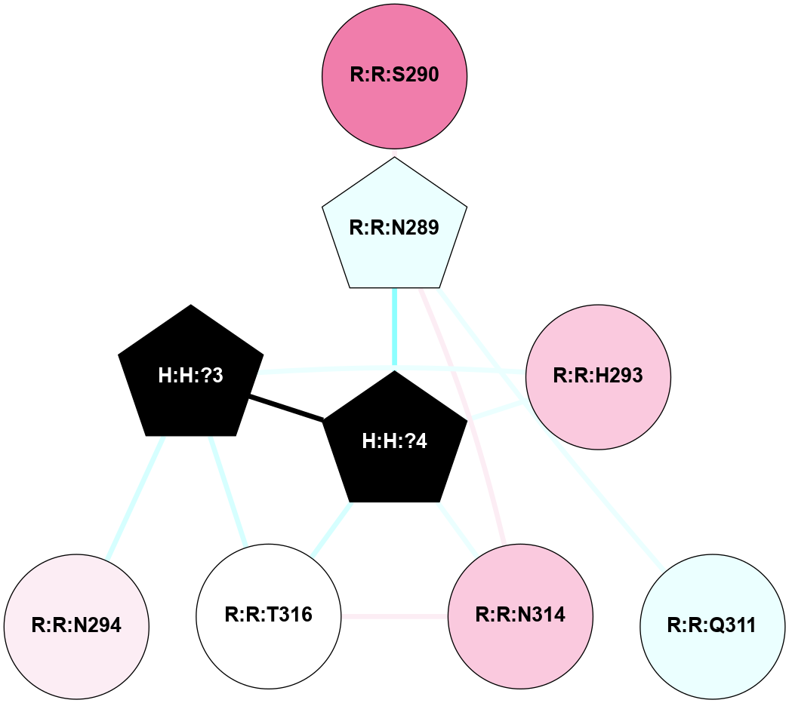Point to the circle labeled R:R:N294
click(76, 625)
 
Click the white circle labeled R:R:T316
click(268, 616)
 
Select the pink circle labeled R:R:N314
click(519, 616)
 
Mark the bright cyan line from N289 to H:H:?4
click(394, 329)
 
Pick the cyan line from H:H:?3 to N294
click(135, 498)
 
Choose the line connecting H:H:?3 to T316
click(229, 490)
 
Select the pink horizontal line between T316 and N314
click(394, 616)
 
